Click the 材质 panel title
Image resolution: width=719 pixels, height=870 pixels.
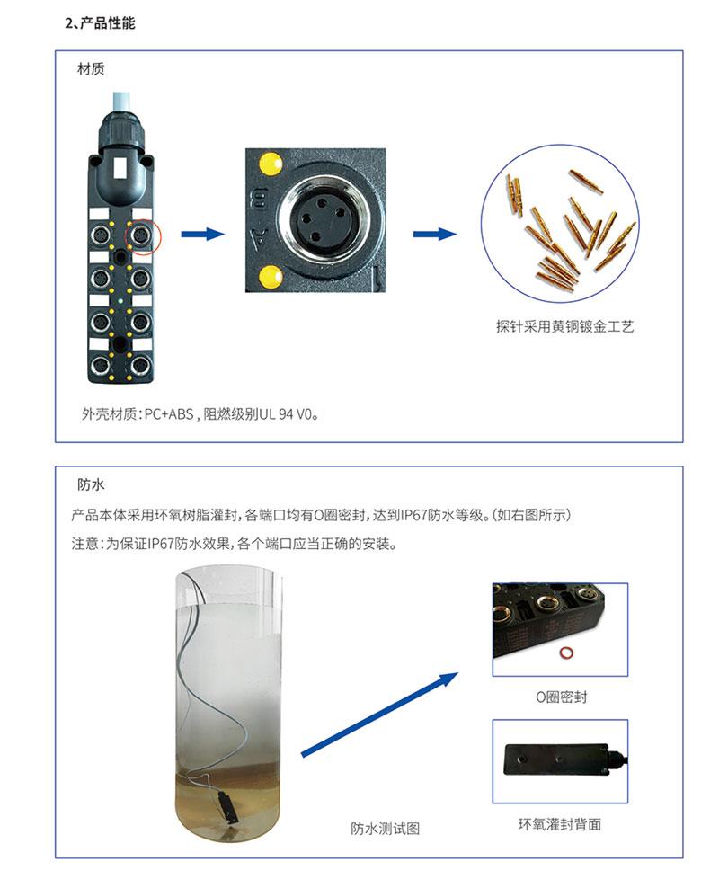92,67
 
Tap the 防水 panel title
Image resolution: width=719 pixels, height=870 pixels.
92,484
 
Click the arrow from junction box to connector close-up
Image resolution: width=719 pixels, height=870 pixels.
201,235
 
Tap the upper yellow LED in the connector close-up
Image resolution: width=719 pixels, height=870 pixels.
268,164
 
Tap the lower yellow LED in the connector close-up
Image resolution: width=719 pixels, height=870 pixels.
268,275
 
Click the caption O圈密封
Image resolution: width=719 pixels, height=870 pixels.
560,697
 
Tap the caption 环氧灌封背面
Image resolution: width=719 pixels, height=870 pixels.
560,824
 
